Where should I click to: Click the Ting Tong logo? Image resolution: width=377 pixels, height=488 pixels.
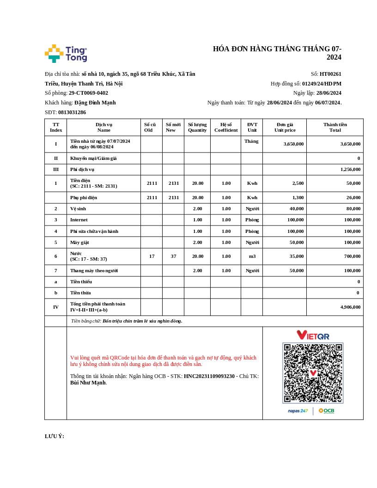coord(66,54)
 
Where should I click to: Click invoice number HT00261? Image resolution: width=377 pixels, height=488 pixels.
coord(330,74)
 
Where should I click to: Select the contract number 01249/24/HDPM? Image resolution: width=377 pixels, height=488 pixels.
coord(322,84)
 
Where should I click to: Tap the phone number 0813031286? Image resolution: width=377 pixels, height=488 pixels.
coord(72,112)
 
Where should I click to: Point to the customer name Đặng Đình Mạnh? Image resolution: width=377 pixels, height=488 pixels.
coord(95,103)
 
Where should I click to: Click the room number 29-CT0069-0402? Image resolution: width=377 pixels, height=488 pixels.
coord(88,93)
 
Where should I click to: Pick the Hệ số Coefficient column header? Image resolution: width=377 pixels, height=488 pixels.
coord(226,127)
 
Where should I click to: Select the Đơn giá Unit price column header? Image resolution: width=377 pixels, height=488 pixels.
coord(285,127)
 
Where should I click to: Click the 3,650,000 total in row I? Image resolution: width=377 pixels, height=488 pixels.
coord(350,144)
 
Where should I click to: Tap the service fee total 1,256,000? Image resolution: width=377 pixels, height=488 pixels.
coord(350,170)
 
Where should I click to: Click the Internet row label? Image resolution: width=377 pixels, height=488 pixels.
coord(79,220)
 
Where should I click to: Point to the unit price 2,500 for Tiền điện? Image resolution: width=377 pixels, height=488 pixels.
coord(298,183)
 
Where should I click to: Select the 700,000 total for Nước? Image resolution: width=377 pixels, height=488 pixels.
coord(352,256)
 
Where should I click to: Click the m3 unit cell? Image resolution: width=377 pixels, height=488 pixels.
coord(252,256)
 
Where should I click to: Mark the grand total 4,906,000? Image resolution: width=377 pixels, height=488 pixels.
coord(350,307)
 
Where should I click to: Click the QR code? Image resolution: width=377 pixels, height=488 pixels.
coord(313,373)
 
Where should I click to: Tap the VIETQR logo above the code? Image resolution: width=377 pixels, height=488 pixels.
coord(313,335)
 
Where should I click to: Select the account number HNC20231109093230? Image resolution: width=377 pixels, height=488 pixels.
coord(209,376)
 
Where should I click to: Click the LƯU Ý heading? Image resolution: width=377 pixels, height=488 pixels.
coord(55,436)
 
